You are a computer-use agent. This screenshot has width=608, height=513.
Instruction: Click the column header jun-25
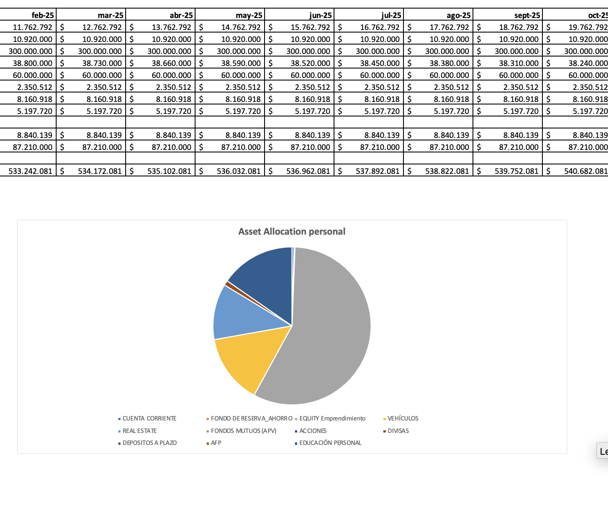(320, 15)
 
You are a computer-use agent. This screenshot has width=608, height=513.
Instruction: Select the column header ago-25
(458, 15)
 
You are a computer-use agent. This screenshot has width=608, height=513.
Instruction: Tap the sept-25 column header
(527, 15)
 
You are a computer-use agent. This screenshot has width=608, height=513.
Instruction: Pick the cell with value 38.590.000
(241, 63)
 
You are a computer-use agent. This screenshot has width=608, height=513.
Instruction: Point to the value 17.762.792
(449, 27)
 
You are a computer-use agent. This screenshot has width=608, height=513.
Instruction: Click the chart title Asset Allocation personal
(292, 232)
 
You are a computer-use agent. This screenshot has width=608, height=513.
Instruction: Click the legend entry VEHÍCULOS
(403, 418)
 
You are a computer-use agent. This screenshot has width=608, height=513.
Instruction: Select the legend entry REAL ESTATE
(139, 431)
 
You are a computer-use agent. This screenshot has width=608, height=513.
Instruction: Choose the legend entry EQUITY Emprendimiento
(332, 418)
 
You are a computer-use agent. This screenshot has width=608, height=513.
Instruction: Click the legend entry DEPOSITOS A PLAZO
(149, 443)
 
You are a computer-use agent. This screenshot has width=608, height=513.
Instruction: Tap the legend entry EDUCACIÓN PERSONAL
(330, 443)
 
